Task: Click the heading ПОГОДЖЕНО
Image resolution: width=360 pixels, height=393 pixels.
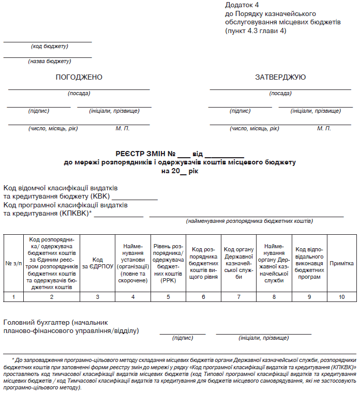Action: pos(79,78)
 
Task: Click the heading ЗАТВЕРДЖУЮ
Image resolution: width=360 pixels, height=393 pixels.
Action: pos(280,78)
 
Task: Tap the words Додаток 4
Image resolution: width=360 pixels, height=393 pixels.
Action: pos(242,5)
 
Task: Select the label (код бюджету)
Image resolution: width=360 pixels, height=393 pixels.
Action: pos(50,47)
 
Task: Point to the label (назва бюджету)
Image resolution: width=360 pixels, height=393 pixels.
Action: pos(50,62)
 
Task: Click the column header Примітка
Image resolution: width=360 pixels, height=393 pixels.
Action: pos(341,263)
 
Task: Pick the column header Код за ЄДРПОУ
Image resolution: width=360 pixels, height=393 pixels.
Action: pos(98,263)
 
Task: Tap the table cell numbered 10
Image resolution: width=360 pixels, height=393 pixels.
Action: pos(341,297)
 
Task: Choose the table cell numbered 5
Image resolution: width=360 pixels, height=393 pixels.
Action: pos(168,297)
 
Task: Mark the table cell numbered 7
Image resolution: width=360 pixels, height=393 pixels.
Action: pos(238,297)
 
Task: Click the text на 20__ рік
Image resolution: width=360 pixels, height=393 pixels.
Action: pos(179,170)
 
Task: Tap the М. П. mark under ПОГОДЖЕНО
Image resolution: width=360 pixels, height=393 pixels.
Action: pos(123,128)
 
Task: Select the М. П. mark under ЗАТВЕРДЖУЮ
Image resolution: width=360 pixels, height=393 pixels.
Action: pos(324,128)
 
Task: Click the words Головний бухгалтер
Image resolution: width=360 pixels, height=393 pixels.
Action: pos(36,322)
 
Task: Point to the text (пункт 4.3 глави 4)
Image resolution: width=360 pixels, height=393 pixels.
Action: pos(256,31)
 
